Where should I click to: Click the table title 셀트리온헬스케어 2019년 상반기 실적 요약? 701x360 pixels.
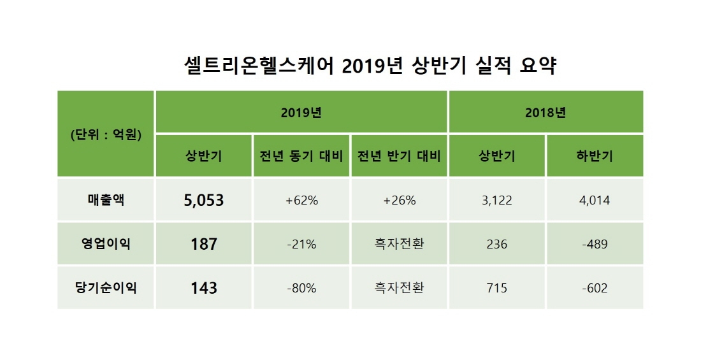tap(370, 66)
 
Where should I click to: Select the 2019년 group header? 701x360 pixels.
tap(301, 113)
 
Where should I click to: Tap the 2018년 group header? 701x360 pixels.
tap(546, 113)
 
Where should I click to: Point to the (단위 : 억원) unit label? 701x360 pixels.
tap(106, 134)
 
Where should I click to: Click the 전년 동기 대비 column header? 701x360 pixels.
tap(301, 156)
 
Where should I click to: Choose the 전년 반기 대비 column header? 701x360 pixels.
tap(399, 156)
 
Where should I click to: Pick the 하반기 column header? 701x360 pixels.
tap(595, 156)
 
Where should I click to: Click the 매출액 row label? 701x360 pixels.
tap(106, 200)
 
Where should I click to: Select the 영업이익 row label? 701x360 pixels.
tap(106, 243)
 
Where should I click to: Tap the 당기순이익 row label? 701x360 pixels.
tap(106, 287)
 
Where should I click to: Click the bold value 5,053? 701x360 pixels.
tap(203, 201)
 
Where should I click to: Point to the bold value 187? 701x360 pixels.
tap(203, 244)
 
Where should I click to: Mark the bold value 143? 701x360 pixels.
tap(203, 288)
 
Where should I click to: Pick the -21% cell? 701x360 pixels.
tap(301, 244)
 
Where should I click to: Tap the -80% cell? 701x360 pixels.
tap(301, 288)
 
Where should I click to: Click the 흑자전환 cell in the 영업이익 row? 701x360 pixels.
tap(399, 244)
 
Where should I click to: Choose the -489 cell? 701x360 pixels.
tap(595, 244)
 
